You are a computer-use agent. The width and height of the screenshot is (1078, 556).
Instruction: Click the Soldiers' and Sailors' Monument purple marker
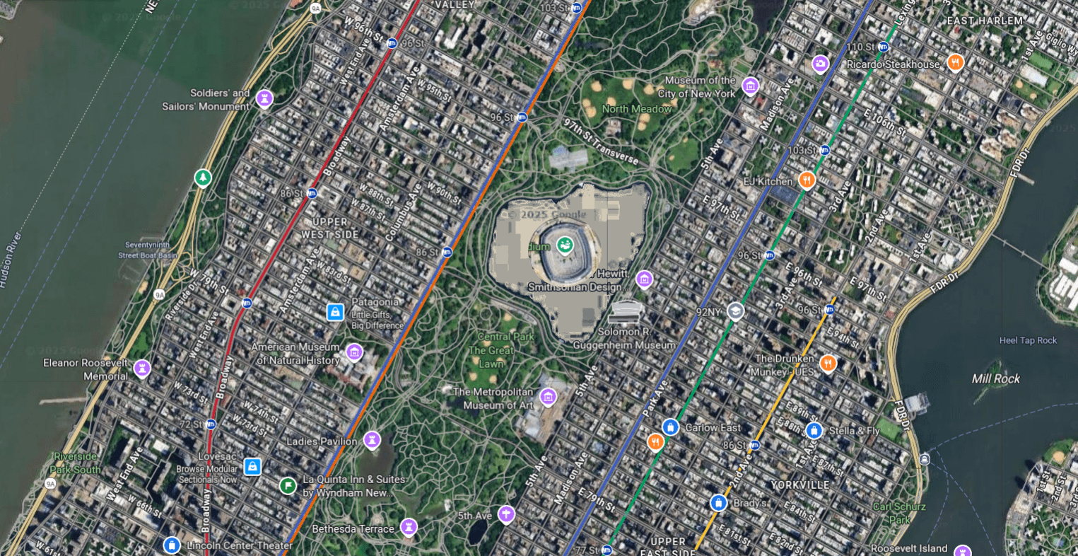click(x=264, y=97)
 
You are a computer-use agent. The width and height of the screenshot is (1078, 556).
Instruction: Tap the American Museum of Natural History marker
click(x=353, y=352)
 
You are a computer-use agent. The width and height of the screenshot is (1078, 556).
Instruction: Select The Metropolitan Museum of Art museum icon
click(x=547, y=396)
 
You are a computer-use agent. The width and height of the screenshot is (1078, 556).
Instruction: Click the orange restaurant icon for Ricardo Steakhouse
click(x=955, y=63)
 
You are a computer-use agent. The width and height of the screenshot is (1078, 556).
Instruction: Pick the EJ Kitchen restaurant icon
click(x=807, y=180)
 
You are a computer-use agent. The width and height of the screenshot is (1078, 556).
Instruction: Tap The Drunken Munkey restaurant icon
click(x=828, y=364)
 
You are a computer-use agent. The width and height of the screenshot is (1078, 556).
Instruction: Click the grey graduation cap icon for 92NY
click(x=735, y=311)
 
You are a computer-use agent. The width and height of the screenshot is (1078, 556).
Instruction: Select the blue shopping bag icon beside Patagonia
click(x=335, y=312)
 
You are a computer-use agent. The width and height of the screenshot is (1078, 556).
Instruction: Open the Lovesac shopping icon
click(x=252, y=467)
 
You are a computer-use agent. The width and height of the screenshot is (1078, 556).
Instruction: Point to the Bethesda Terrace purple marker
click(x=408, y=527)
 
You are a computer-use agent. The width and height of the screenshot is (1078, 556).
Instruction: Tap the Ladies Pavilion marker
click(x=372, y=440)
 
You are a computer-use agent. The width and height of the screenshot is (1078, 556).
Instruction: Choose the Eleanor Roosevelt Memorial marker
click(x=142, y=368)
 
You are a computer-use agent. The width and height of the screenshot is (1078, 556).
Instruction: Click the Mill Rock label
click(x=995, y=378)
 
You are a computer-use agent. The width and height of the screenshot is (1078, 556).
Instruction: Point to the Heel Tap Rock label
click(x=1028, y=340)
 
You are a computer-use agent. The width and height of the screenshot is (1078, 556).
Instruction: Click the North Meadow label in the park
click(x=636, y=109)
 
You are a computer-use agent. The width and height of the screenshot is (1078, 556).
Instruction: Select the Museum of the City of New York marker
click(x=750, y=86)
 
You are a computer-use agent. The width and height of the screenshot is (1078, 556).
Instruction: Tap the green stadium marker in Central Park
click(x=564, y=245)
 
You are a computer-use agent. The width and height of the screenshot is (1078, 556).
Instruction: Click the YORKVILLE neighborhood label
click(x=799, y=485)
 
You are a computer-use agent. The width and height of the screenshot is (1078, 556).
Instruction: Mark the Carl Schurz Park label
click(x=898, y=513)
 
